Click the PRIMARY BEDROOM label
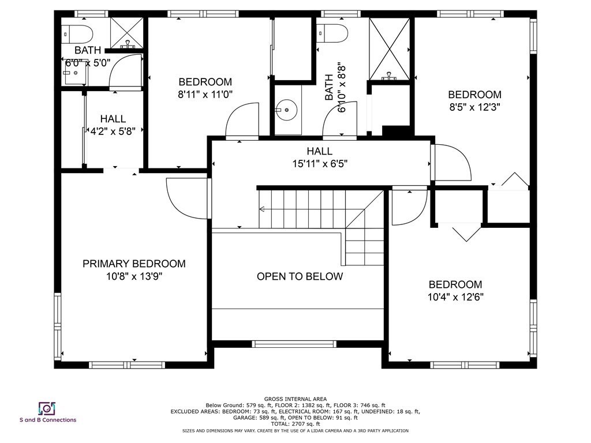134,264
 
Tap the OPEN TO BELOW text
300,276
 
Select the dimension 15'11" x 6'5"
320,163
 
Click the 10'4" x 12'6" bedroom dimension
455,297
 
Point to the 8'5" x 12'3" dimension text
474,107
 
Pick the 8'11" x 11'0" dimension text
205,94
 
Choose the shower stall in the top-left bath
126,32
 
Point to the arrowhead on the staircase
262,209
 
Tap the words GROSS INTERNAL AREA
295,399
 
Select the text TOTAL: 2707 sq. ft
295,424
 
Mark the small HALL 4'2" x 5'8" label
113,125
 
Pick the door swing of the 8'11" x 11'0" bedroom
241,121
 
